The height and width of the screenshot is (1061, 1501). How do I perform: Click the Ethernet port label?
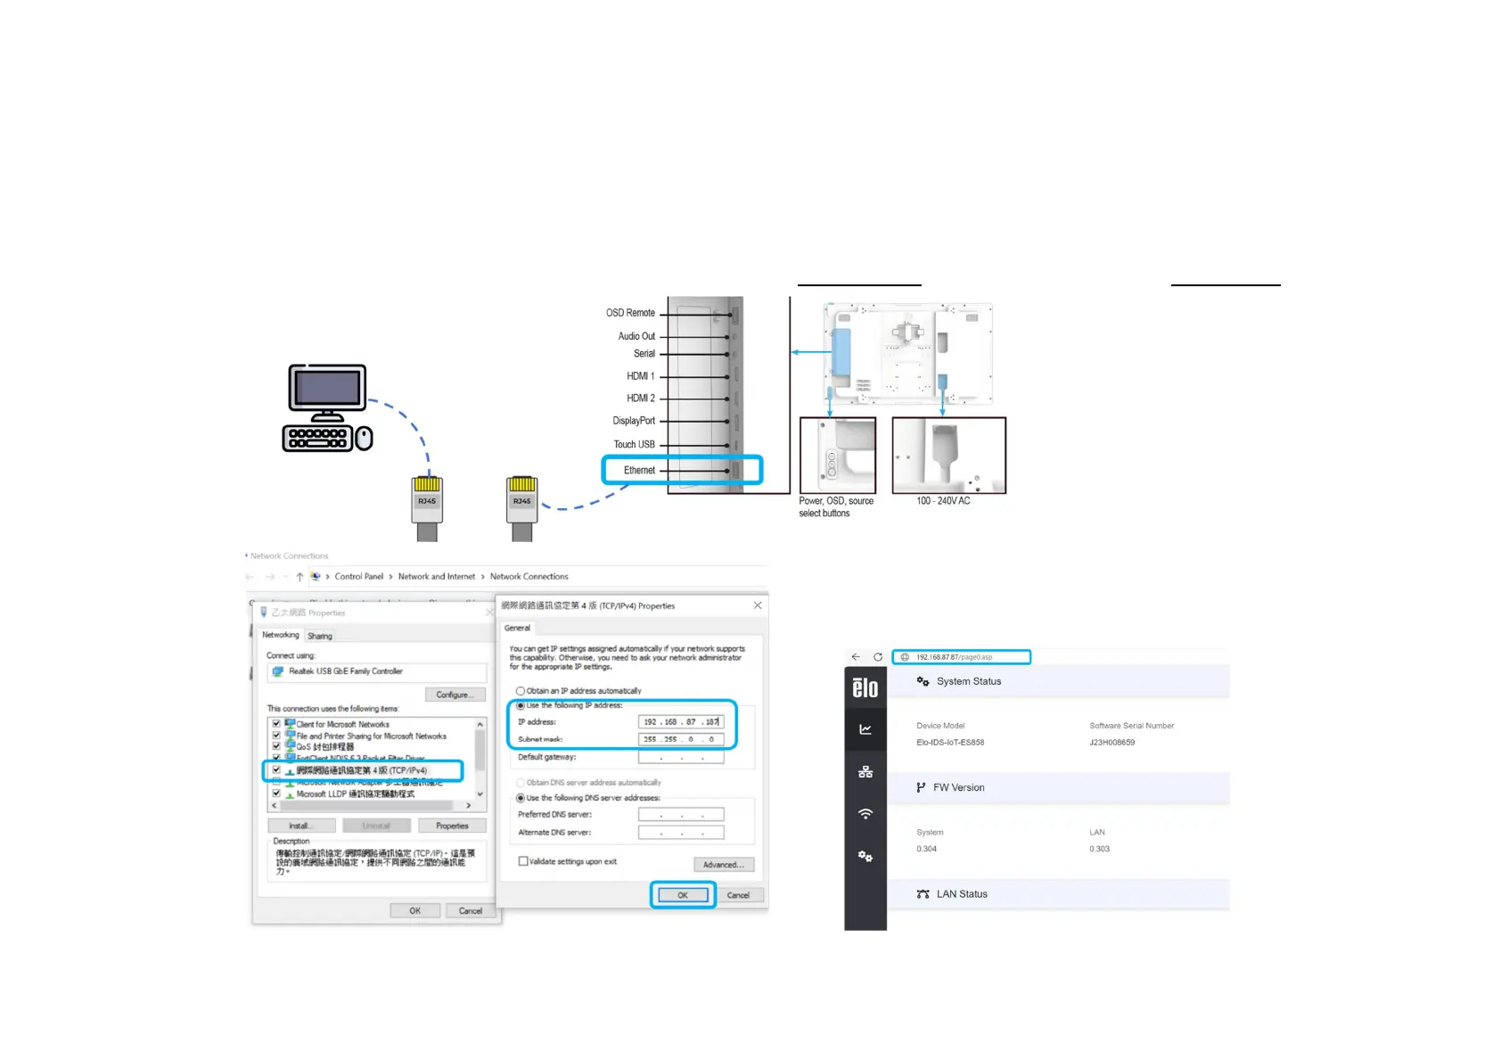(x=639, y=470)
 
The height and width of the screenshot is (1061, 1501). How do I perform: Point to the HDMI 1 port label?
(x=640, y=376)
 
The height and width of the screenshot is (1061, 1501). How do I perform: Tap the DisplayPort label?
(x=634, y=421)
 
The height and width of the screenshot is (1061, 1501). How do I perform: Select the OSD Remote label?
(x=630, y=313)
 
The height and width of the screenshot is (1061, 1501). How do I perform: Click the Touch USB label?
(x=634, y=444)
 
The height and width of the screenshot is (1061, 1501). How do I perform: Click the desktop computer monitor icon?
(x=327, y=389)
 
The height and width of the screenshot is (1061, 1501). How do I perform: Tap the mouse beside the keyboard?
(x=364, y=438)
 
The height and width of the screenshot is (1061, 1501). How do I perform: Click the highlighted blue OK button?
(x=683, y=895)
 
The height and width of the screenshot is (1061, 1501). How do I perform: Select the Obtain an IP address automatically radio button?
(x=521, y=691)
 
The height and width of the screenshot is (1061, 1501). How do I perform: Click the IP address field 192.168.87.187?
(x=681, y=722)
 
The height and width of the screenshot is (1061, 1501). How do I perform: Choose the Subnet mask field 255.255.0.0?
(x=681, y=739)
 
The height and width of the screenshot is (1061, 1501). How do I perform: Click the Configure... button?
(x=453, y=695)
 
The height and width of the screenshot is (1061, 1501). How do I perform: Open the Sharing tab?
(x=320, y=636)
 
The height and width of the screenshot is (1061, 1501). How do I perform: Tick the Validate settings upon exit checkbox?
(x=523, y=861)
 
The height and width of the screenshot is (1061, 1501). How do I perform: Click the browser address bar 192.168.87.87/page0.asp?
(x=962, y=657)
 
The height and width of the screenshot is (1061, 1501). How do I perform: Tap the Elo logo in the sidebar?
(x=865, y=687)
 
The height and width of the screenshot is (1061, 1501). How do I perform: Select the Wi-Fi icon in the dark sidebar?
(x=865, y=814)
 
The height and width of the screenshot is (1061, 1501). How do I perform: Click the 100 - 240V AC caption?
(x=943, y=501)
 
